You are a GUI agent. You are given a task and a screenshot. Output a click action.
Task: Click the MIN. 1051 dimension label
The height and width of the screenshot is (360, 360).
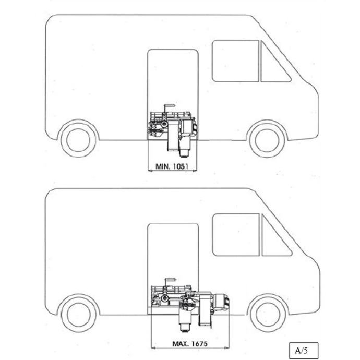(x=172, y=166)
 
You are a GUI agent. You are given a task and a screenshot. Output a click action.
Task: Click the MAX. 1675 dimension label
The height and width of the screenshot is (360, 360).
(x=189, y=344)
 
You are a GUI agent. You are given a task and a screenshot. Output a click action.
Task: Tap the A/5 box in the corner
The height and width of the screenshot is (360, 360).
(x=304, y=351)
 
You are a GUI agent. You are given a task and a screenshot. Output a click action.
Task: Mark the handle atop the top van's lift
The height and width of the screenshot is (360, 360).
(x=169, y=106)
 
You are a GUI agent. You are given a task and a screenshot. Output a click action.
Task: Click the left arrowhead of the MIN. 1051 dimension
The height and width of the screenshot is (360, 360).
(x=150, y=171)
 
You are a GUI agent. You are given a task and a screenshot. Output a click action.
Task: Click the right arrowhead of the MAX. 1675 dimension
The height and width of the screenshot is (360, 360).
(x=227, y=348)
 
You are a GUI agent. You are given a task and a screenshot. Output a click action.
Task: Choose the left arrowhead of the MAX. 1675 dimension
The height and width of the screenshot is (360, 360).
(x=153, y=348)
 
